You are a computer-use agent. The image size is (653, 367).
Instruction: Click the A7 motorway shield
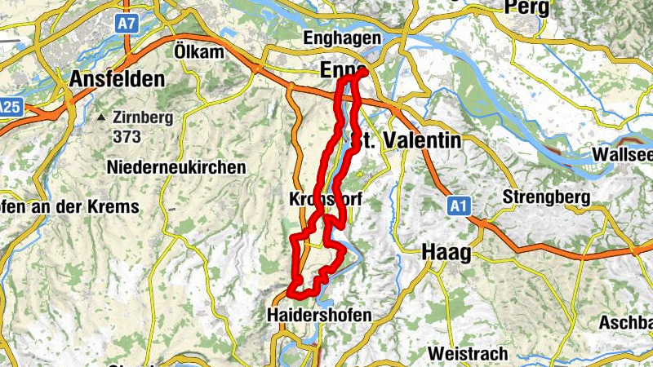click(x=126, y=24)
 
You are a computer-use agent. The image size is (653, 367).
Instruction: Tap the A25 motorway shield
click(x=9, y=106)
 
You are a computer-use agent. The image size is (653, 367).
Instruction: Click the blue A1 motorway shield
click(x=458, y=207)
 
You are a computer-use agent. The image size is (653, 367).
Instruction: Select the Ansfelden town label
click(x=118, y=80)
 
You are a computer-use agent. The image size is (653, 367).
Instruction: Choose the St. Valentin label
click(x=406, y=140)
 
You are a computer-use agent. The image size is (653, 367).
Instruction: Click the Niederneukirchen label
click(x=176, y=167)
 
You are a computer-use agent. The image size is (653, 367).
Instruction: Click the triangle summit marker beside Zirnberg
click(x=101, y=117)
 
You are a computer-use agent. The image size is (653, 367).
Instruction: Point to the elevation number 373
click(x=127, y=136)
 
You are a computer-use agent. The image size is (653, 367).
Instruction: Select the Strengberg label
click(x=542, y=197)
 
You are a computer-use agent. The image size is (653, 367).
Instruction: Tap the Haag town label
click(x=446, y=254)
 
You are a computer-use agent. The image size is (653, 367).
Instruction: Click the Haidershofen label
click(x=319, y=315)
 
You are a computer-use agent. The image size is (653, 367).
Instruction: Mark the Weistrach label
click(x=468, y=354)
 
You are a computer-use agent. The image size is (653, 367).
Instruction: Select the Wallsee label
click(x=624, y=154)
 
